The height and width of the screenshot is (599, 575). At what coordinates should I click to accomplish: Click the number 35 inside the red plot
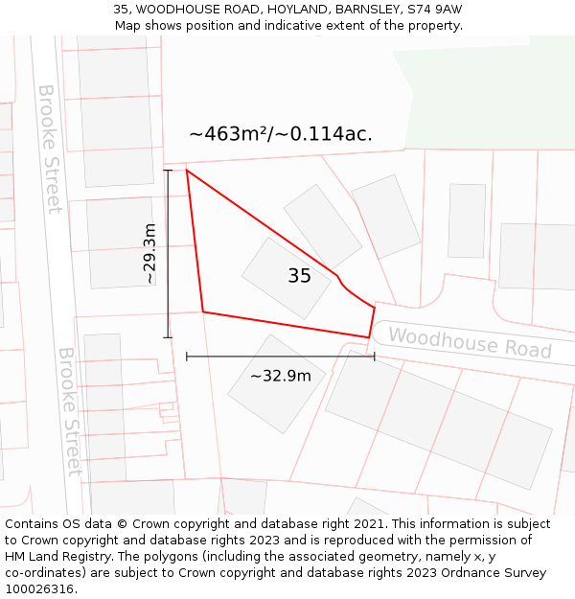299,276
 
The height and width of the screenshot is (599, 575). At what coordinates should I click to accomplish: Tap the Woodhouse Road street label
470,342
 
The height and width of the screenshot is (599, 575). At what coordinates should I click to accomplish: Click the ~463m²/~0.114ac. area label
281,134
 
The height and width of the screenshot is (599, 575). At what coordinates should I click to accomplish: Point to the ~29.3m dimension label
149,254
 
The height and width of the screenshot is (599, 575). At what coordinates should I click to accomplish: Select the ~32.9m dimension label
280,376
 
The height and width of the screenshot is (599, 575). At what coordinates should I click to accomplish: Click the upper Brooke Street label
50,149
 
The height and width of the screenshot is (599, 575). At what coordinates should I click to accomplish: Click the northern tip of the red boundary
186,171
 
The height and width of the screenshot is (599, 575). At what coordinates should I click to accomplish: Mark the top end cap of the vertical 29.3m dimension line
168,171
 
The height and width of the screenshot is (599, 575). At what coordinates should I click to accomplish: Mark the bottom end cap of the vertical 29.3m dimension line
168,337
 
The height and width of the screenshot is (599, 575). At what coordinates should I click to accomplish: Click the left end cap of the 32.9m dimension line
187,357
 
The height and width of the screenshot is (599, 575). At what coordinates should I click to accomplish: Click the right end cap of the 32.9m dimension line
374,357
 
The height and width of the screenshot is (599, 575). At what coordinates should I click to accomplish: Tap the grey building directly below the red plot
276,383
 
